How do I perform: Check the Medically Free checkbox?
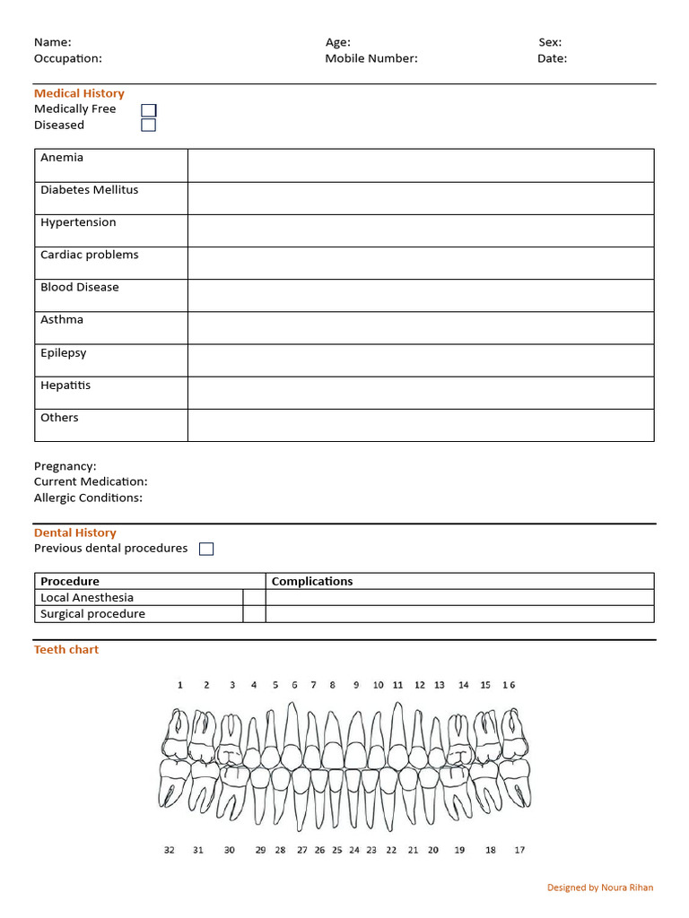point(149,109)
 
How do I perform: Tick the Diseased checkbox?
point(149,126)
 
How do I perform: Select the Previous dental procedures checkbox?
point(206,549)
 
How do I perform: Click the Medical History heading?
point(79,93)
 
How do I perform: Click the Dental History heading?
point(75,533)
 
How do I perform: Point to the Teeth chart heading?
point(66,649)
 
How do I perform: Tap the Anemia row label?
point(62,158)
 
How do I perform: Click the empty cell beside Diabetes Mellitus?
point(420,198)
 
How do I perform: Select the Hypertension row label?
point(78,222)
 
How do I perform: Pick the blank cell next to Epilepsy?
point(420,360)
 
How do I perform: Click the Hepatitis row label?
point(65,385)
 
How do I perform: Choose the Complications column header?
point(312,581)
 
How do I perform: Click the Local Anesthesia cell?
point(87,597)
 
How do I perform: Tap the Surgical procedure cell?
point(92,614)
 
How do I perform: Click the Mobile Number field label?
point(371,59)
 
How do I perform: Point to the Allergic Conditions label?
point(88,498)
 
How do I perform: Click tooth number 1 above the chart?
point(180,685)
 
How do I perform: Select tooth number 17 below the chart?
point(519,850)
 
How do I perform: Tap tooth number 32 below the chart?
point(170,850)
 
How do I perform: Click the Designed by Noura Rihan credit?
point(600,888)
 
